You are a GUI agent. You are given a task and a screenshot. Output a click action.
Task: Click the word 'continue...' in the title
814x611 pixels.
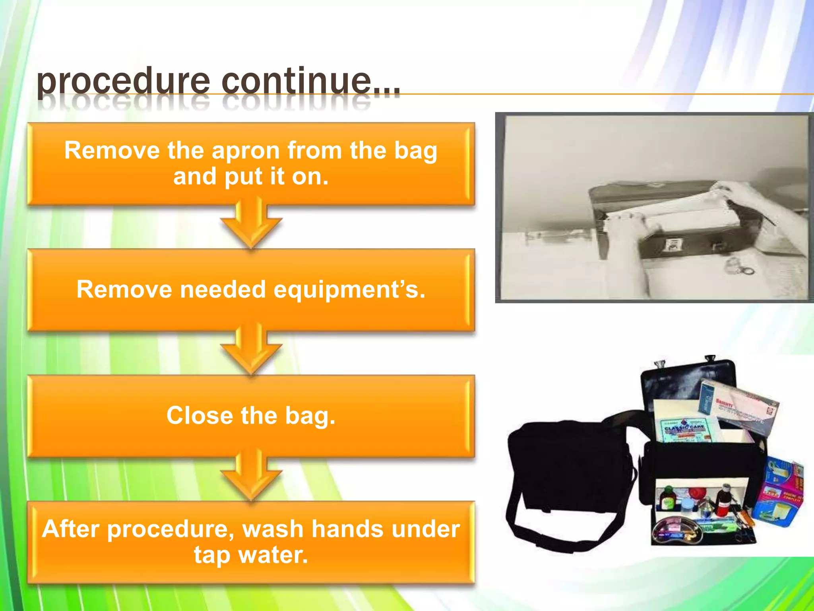pyautogui.click(x=310, y=82)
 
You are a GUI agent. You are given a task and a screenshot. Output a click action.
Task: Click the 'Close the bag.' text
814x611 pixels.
pyautogui.click(x=251, y=416)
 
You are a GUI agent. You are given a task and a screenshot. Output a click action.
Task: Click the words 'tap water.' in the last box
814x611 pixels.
pyautogui.click(x=251, y=555)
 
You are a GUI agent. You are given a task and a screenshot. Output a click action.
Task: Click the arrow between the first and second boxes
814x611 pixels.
pyautogui.click(x=251, y=225)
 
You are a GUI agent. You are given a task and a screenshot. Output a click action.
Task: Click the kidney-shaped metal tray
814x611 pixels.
pyautogui.click(x=676, y=531)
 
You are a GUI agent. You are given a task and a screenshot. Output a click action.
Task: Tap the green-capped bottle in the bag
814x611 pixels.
pyautogui.click(x=668, y=497)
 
